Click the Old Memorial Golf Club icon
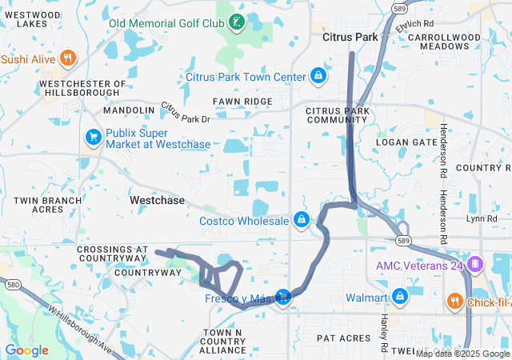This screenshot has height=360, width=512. pyautogui.click(x=237, y=22)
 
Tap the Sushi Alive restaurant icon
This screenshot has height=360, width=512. pyautogui.click(x=67, y=58)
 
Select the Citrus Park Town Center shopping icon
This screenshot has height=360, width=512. pyautogui.click(x=319, y=76)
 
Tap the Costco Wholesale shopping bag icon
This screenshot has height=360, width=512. pyautogui.click(x=302, y=219)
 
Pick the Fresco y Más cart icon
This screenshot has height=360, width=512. pyautogui.click(x=282, y=298)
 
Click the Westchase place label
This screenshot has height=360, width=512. pyautogui.click(x=157, y=200)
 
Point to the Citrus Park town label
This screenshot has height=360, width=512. pyautogui.click(x=349, y=37)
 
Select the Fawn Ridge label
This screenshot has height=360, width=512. pyautogui.click(x=242, y=102)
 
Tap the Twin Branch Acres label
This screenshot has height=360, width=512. pyautogui.click(x=47, y=204)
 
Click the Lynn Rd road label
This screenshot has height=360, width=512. pyautogui.click(x=482, y=218)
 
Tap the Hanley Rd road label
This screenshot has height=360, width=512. pyautogui.click(x=384, y=333)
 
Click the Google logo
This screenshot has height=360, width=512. pyautogui.click(x=26, y=350)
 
